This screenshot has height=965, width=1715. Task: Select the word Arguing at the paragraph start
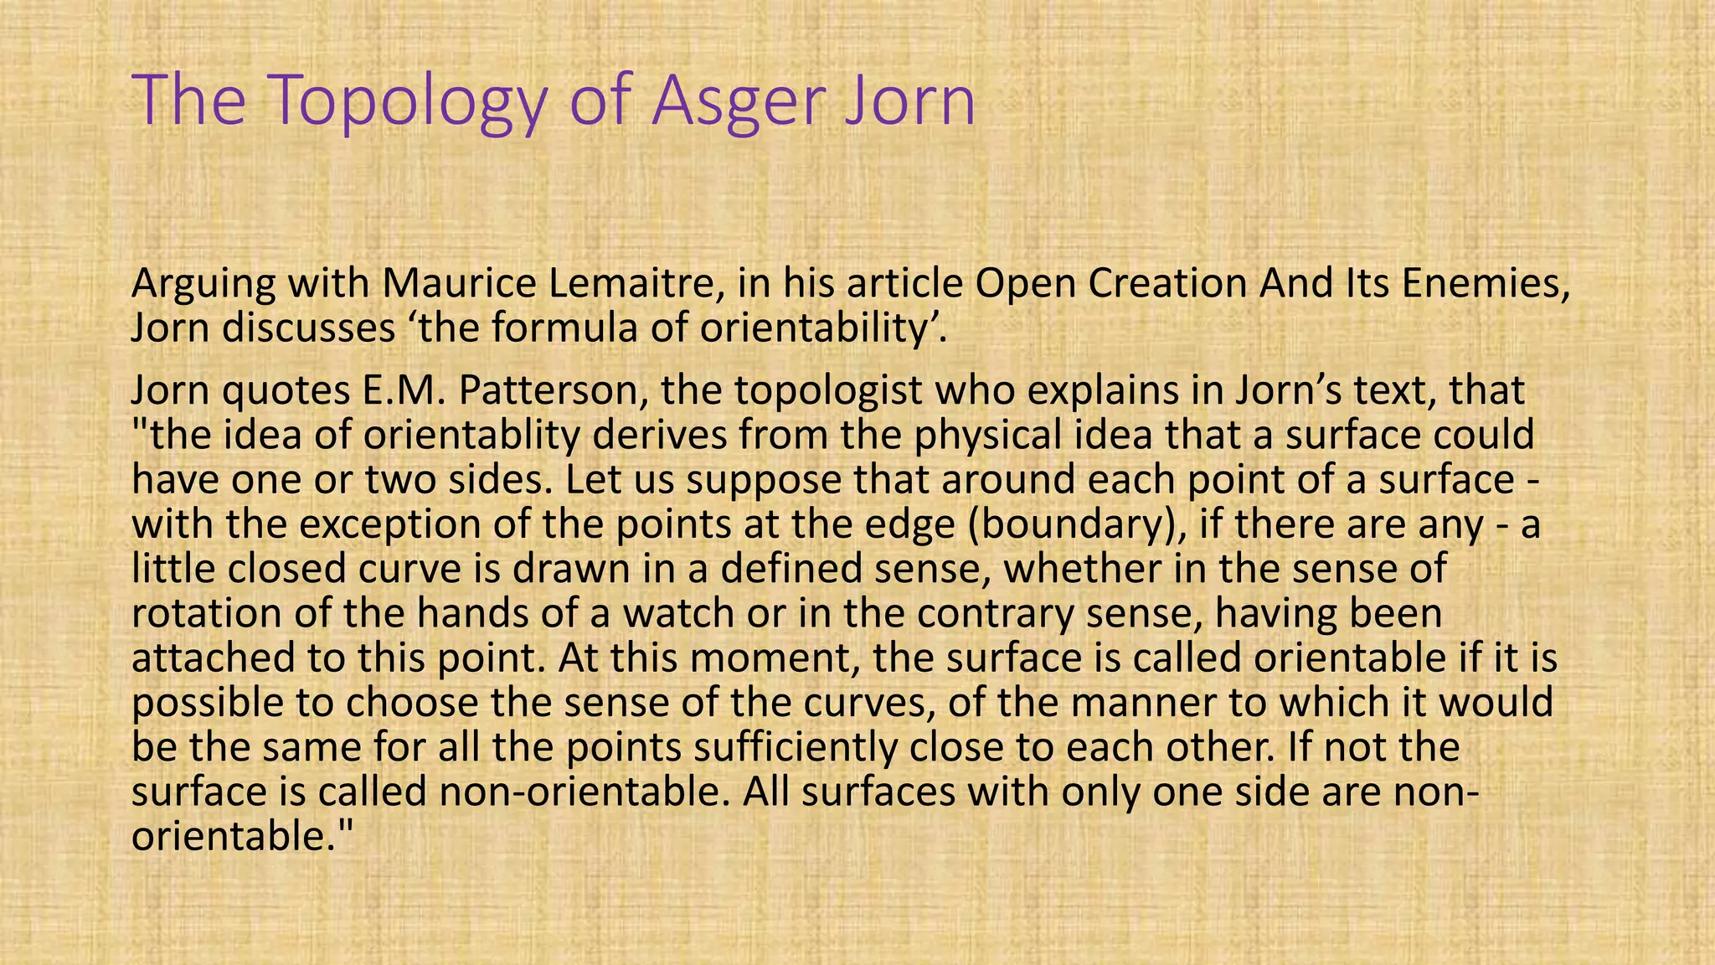click(203, 285)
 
